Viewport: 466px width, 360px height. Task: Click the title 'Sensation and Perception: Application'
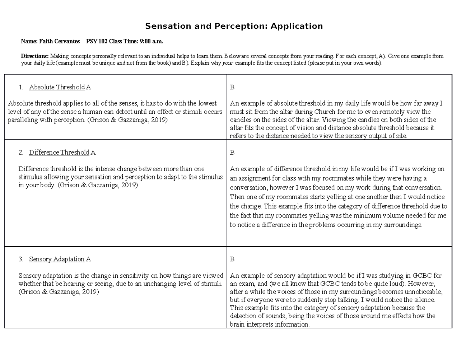point(234,26)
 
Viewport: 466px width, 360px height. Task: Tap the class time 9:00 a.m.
point(152,41)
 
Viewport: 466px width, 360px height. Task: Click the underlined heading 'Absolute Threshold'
point(57,87)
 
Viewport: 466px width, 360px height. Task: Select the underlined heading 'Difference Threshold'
point(59,153)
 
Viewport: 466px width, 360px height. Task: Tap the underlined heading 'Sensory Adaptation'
point(57,259)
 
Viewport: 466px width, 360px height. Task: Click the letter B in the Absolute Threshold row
point(232,87)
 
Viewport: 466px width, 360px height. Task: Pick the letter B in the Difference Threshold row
point(232,153)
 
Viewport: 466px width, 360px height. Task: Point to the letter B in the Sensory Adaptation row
point(232,259)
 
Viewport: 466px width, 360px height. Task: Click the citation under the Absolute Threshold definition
point(129,120)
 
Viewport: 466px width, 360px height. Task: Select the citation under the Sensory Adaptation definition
point(59,292)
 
